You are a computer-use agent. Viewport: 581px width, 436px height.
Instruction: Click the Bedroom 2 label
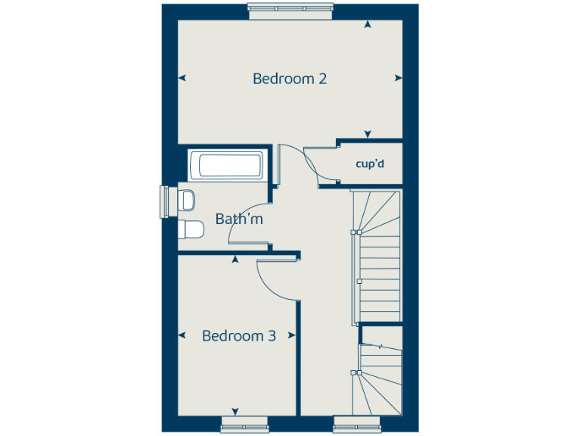pos(290,79)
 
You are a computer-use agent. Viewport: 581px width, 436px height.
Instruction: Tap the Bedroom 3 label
pos(238,336)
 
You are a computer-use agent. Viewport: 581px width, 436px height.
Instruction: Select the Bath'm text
pos(239,220)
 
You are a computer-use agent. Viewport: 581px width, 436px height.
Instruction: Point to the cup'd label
pos(371,163)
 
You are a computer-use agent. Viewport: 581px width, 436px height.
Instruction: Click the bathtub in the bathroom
pos(226,164)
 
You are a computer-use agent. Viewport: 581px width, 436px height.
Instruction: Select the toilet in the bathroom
pos(191,229)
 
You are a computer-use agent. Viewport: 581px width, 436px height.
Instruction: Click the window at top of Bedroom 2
pos(290,9)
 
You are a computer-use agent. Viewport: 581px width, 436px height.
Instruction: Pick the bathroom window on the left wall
pos(163,201)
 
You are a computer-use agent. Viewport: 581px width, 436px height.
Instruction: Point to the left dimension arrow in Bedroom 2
pos(182,77)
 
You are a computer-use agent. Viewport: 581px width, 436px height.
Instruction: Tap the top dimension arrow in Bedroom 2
pos(368,25)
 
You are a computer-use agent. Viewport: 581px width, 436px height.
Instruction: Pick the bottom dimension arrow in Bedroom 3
pos(235,411)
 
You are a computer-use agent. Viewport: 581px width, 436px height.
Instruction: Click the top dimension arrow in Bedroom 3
pos(235,260)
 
